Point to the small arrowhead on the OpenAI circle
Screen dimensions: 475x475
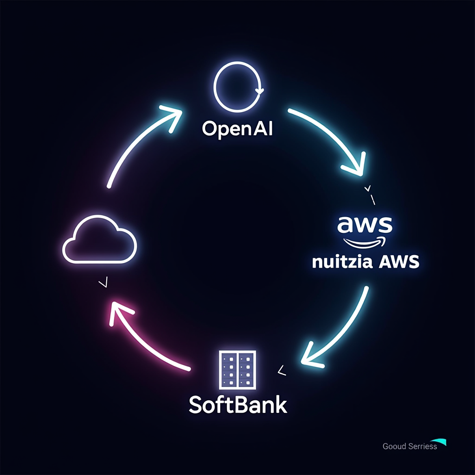click(259, 90)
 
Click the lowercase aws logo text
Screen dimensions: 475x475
click(365, 225)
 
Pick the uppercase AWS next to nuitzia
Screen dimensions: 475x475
click(399, 262)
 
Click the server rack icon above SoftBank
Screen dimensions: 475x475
click(237, 369)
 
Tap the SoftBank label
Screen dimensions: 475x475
click(238, 404)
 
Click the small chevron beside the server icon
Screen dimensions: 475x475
click(280, 370)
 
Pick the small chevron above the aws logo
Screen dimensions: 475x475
click(368, 189)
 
